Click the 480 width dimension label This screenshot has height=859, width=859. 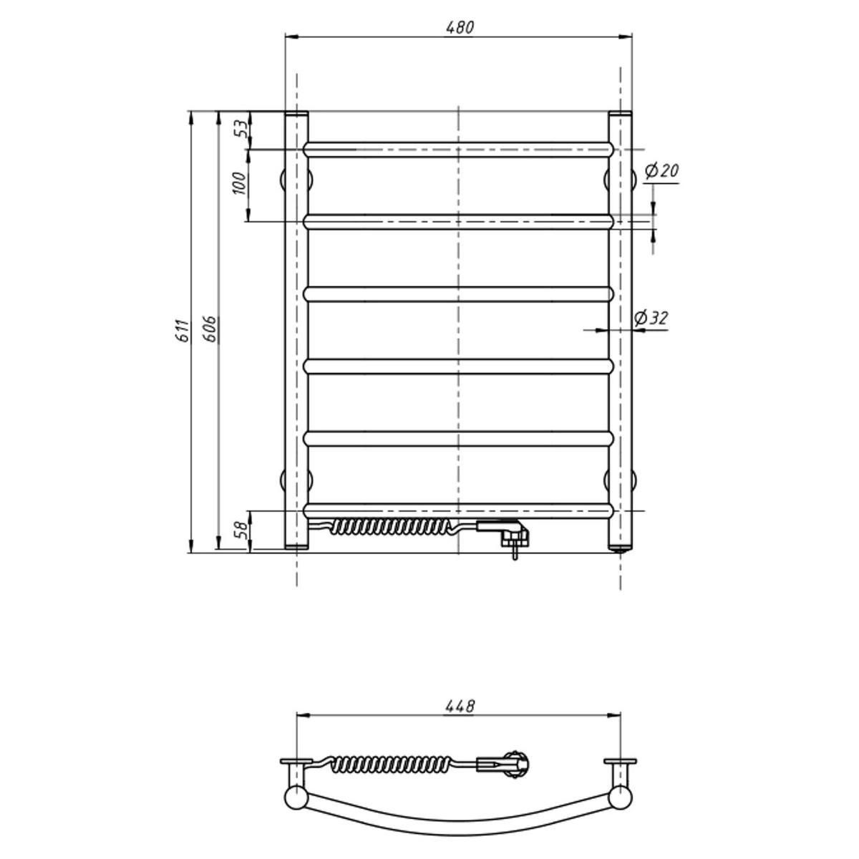[x=460, y=27]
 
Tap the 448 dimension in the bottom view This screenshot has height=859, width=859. [x=460, y=706]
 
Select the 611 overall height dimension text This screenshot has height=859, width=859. [x=182, y=331]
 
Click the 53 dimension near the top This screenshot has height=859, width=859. [x=240, y=129]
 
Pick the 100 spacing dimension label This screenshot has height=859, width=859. [x=239, y=183]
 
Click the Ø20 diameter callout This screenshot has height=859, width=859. [x=661, y=170]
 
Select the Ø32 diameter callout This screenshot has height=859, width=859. [x=651, y=319]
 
